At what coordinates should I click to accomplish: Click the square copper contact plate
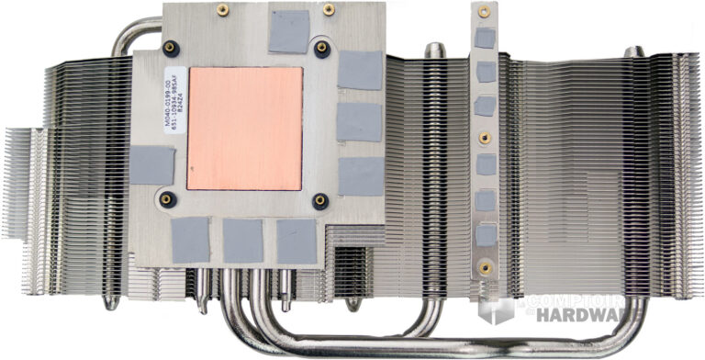(x=244, y=128)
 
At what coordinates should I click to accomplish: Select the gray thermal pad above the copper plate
(x=288, y=30)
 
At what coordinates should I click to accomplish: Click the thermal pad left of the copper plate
(x=151, y=165)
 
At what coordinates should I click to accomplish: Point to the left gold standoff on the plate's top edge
(x=221, y=9)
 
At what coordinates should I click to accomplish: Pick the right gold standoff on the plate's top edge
(x=328, y=9)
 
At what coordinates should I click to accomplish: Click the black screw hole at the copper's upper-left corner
(x=170, y=49)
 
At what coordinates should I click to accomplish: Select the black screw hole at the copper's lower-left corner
(x=166, y=198)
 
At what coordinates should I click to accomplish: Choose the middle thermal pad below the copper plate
(x=242, y=241)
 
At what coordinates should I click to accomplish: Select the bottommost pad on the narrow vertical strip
(x=486, y=235)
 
